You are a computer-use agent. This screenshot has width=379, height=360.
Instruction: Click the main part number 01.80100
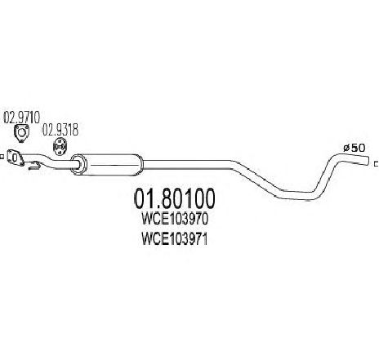(174, 198)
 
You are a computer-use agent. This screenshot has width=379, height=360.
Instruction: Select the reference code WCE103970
(175, 219)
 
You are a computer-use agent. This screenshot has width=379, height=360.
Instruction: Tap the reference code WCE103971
(175, 240)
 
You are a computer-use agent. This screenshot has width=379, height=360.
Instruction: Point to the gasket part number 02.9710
(22, 118)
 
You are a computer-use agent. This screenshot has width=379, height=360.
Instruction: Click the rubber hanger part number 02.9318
(60, 130)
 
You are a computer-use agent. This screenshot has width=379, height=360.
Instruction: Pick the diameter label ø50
(354, 148)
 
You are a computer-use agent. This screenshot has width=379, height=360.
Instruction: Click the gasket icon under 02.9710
(21, 134)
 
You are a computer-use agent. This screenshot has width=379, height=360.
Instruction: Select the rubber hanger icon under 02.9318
(60, 147)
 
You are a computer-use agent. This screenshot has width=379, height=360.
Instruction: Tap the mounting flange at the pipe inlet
(15, 158)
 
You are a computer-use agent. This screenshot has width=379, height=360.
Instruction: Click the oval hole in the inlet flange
(15, 158)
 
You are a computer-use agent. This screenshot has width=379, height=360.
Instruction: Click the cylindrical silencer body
(108, 164)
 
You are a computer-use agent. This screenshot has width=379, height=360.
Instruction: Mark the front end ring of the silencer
(78, 164)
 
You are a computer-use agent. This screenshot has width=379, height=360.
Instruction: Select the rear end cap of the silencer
(140, 164)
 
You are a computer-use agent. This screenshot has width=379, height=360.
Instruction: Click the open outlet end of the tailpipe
(368, 161)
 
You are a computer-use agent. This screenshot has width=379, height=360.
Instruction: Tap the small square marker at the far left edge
(1, 157)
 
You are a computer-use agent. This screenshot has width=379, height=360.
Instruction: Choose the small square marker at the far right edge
(377, 164)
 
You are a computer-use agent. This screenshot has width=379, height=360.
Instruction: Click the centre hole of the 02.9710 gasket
(21, 132)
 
